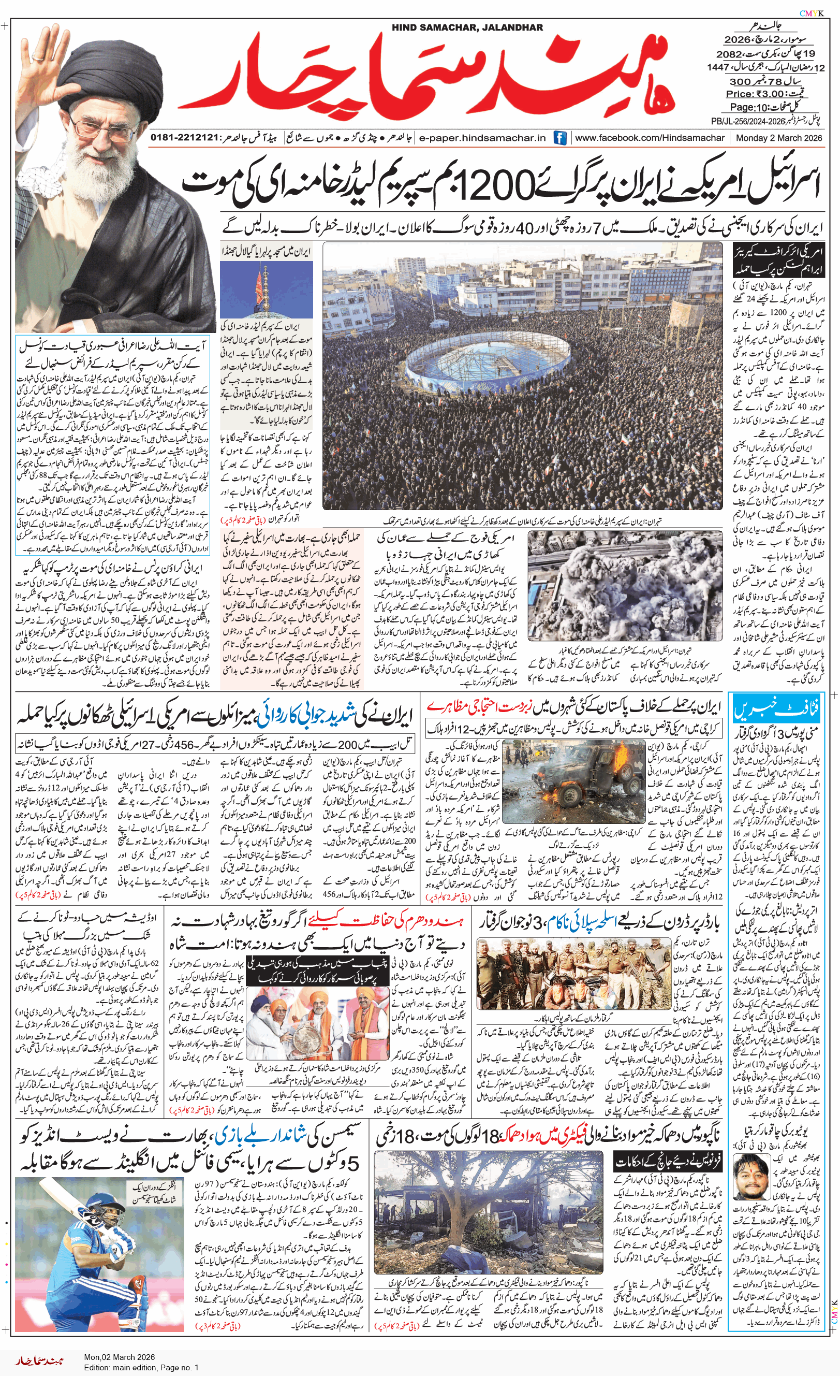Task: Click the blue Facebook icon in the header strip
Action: click(560, 138)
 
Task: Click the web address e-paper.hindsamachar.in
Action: click(482, 138)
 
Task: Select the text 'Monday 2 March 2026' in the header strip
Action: click(778, 138)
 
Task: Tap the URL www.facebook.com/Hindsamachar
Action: click(650, 138)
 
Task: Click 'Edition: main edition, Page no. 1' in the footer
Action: click(141, 1368)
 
